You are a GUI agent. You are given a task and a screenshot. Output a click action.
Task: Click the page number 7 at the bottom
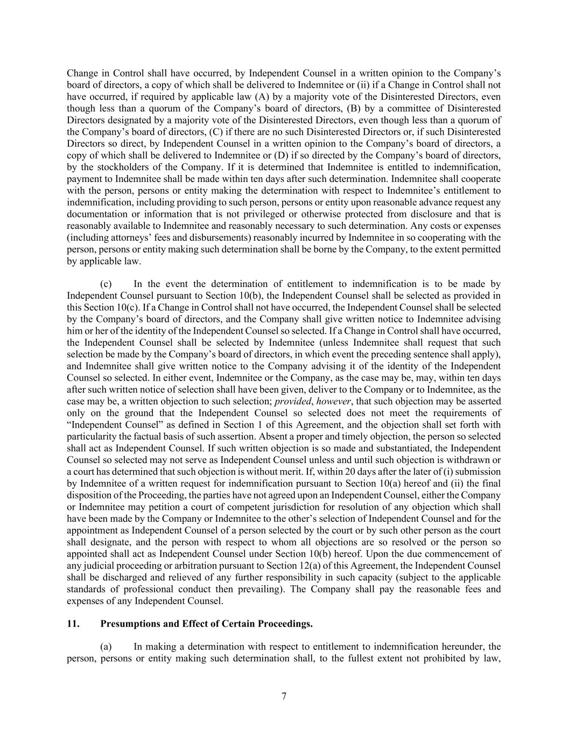point(284,696)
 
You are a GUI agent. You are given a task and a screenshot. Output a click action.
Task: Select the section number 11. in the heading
point(73,624)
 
